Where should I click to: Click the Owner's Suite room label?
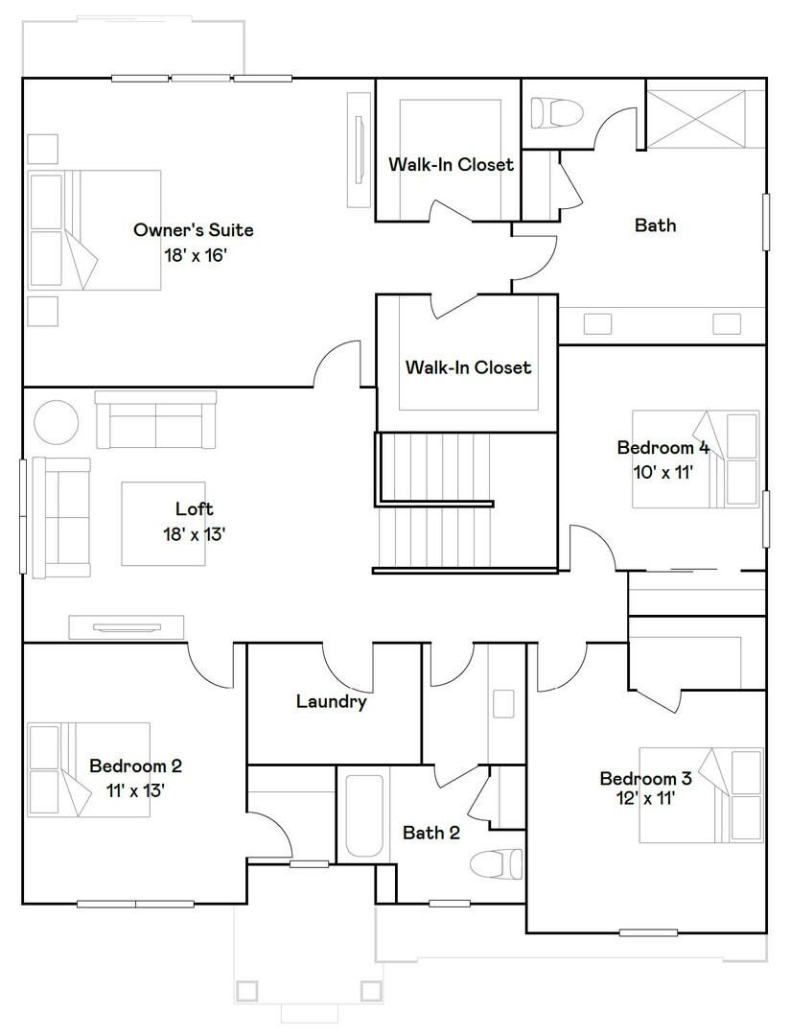(x=193, y=230)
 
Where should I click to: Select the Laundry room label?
(x=331, y=702)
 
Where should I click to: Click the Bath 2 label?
(x=430, y=833)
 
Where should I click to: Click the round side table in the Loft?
(x=58, y=423)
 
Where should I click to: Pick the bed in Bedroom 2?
(x=88, y=769)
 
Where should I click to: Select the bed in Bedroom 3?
(x=701, y=795)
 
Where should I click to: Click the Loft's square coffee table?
(x=163, y=523)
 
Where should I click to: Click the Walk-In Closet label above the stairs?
(x=468, y=367)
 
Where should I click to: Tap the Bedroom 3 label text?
(x=645, y=778)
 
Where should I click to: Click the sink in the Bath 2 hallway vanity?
(x=503, y=705)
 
